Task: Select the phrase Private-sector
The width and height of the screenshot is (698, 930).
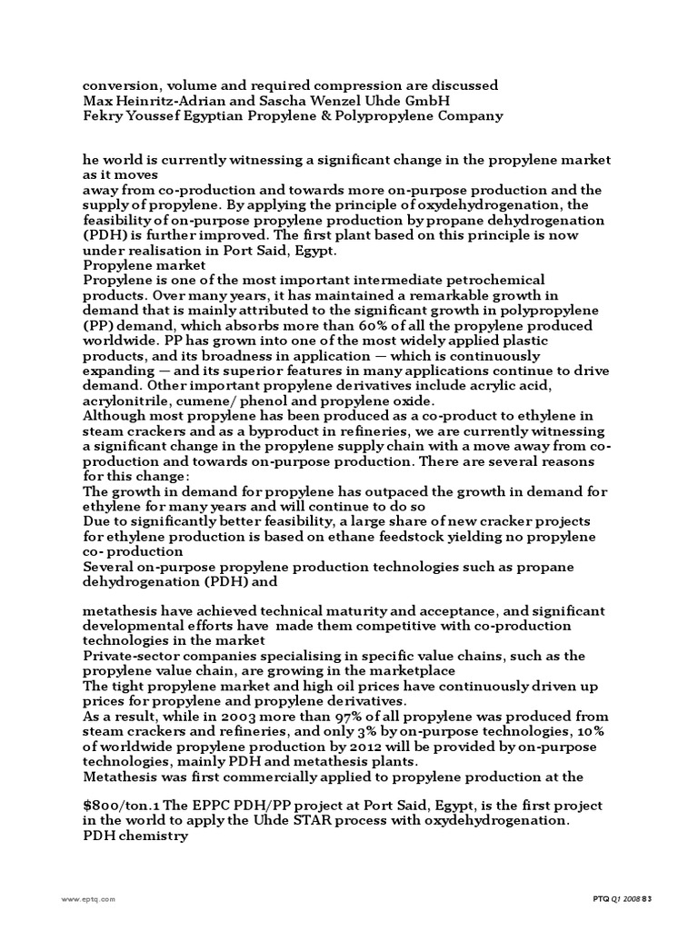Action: pos(134,656)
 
